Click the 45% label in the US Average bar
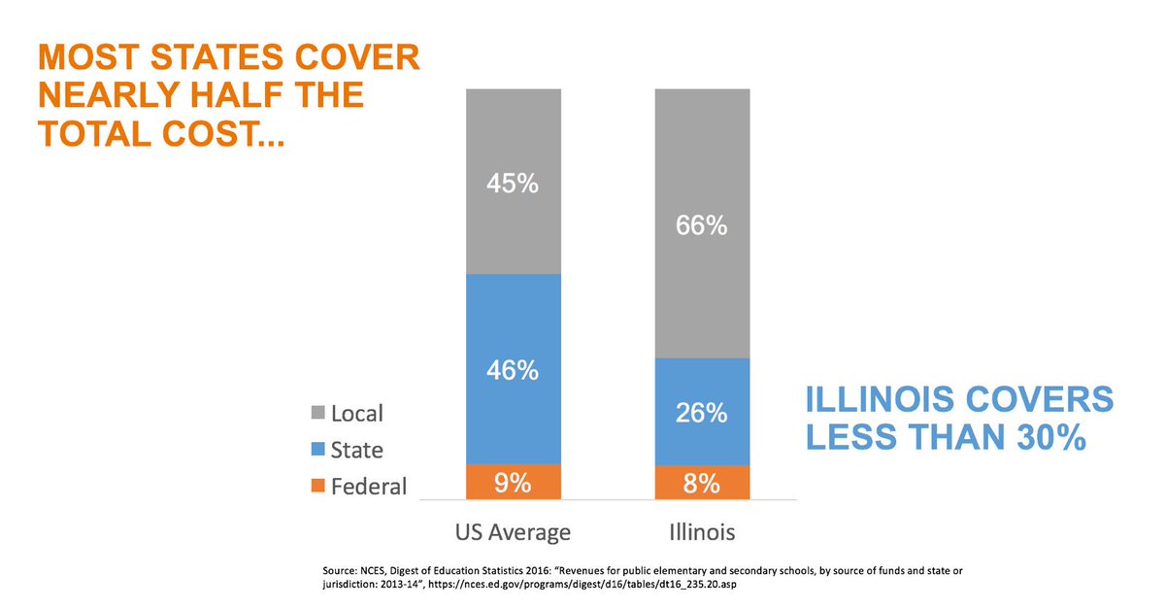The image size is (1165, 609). [514, 183]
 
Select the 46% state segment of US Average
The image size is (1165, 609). [514, 369]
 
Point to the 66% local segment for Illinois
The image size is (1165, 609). [702, 225]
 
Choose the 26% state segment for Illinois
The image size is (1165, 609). [702, 413]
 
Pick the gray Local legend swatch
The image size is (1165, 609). [316, 414]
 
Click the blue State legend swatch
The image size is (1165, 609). [316, 451]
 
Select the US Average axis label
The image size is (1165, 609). [513, 532]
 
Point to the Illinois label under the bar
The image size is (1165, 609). [701, 532]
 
